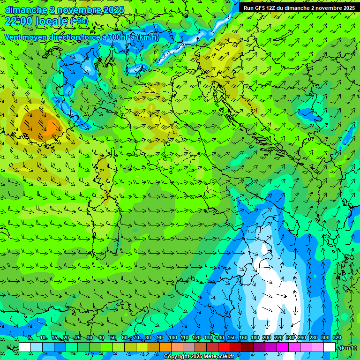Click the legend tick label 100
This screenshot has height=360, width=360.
click(173, 337)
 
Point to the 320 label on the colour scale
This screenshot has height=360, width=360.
click(337, 337)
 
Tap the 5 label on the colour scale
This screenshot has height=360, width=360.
click(30, 337)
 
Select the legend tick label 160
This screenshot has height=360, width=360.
click(243, 337)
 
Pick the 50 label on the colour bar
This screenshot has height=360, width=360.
click(113, 337)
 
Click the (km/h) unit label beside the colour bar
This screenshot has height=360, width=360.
click(347, 348)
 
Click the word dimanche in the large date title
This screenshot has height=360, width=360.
click(26, 10)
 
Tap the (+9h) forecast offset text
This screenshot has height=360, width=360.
click(79, 21)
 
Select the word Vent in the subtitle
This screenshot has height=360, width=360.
click(13, 37)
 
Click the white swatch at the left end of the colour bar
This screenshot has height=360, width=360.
click(25, 347)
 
